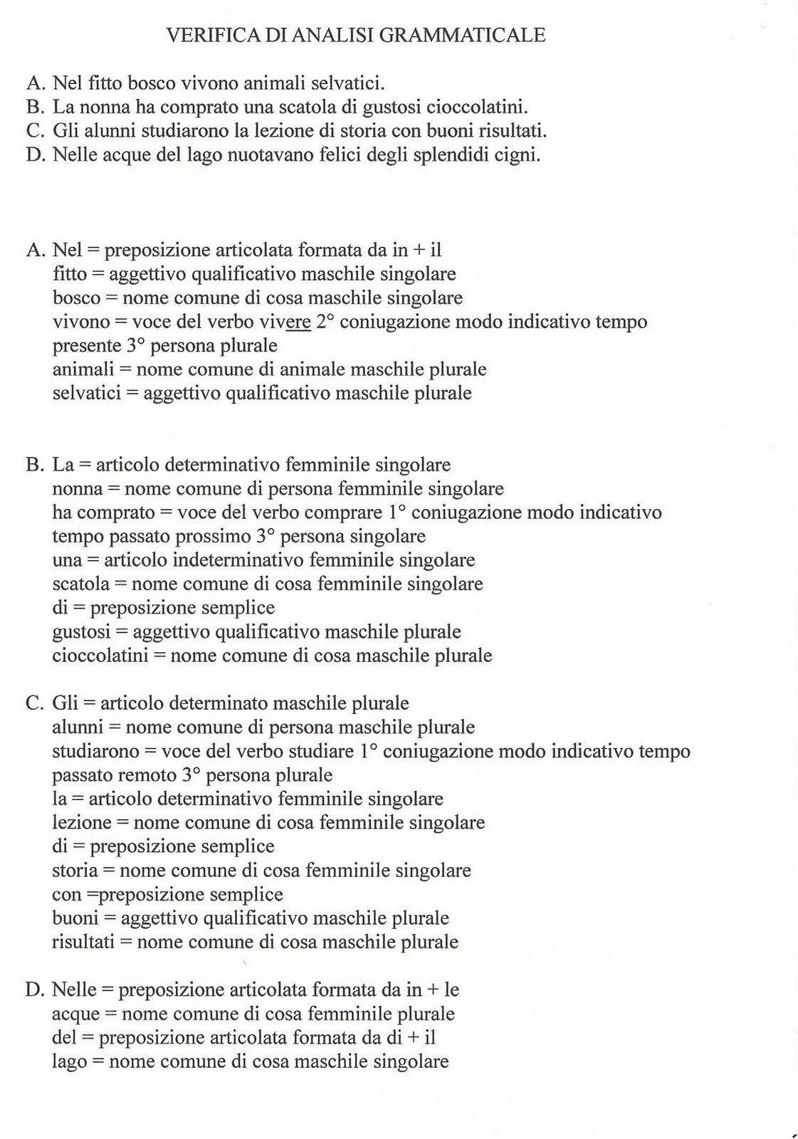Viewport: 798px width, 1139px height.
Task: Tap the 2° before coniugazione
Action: point(325,322)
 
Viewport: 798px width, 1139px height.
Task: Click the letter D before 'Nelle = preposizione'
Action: point(33,990)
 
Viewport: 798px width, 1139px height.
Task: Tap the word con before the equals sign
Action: point(67,894)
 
